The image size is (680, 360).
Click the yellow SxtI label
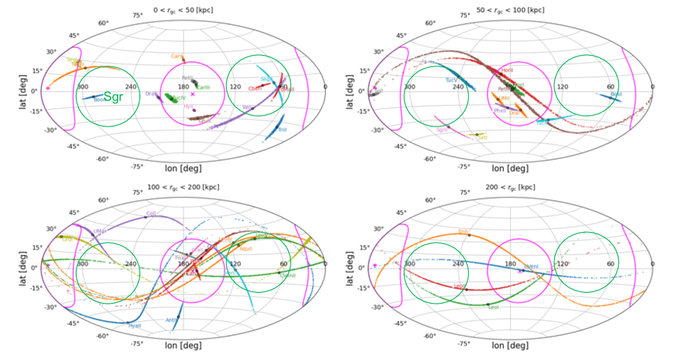point(482,137)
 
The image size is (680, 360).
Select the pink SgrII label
point(442,130)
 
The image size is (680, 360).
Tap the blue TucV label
point(452,80)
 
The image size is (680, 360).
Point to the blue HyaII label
point(134,326)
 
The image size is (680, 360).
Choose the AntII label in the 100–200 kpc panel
point(171,320)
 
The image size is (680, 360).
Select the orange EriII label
point(463,231)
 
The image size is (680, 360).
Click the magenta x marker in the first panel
point(192,94)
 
